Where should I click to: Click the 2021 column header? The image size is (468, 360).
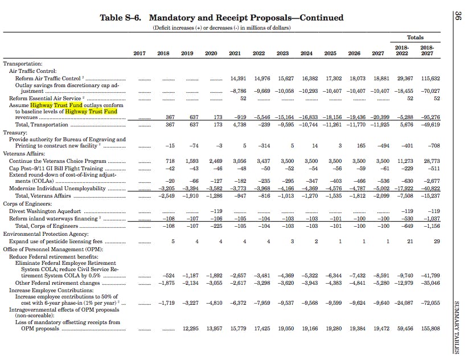pyautogui.click(x=235, y=54)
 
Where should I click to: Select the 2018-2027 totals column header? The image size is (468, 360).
pyautogui.click(x=427, y=51)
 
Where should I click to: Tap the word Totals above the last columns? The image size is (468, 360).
pyautogui.click(x=415, y=38)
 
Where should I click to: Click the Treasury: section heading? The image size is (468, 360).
pyautogui.click(x=15, y=133)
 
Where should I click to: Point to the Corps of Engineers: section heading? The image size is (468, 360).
pyautogui.click(x=27, y=204)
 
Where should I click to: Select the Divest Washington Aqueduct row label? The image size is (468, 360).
pyautogui.click(x=45, y=211)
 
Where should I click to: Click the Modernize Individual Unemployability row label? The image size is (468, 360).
pyautogui.click(x=58, y=189)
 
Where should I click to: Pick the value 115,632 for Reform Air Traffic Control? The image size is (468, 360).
pyautogui.click(x=430, y=79)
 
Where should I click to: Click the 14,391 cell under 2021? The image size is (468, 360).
pyautogui.click(x=238, y=79)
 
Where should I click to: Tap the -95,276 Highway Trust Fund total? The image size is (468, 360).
pyautogui.click(x=430, y=117)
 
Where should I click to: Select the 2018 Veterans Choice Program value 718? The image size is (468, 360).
pyautogui.click(x=170, y=161)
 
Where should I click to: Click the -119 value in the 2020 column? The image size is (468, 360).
pyautogui.click(x=216, y=211)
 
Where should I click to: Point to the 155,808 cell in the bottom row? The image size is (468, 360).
pyautogui.click(x=430, y=329)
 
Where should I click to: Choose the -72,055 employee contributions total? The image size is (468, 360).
pyautogui.click(x=430, y=303)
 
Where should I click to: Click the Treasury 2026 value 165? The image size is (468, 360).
pyautogui.click(x=361, y=146)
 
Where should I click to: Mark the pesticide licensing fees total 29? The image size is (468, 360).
pyautogui.click(x=437, y=242)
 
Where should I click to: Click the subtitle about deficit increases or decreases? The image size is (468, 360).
pyautogui.click(x=221, y=28)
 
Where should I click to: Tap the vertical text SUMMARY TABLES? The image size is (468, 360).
pyautogui.click(x=457, y=327)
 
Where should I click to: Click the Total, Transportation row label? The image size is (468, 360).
pyautogui.click(x=42, y=125)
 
